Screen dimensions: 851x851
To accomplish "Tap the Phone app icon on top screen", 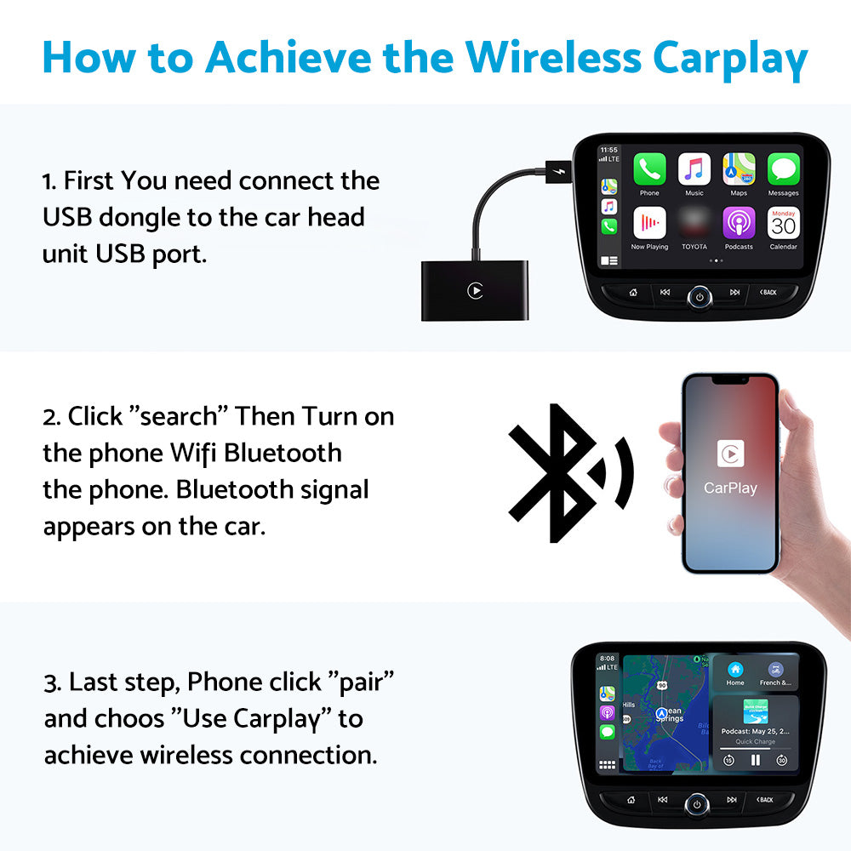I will click(649, 169).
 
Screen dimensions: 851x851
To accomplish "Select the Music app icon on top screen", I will click(694, 169).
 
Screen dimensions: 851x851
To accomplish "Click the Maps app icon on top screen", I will click(739, 169).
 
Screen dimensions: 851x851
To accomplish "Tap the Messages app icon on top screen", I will click(783, 169).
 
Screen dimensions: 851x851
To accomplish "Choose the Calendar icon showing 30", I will click(783, 223).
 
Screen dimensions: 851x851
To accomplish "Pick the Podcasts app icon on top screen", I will click(739, 223).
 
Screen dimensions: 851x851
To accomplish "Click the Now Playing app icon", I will click(649, 223).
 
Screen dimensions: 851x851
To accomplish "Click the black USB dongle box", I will click(475, 291).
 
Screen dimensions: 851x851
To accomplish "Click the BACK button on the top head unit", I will click(767, 293).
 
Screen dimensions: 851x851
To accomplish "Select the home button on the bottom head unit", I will click(631, 800).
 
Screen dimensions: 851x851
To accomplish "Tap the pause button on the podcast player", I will click(755, 760).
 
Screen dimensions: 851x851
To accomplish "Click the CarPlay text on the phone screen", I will click(730, 488).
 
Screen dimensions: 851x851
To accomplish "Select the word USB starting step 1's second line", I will click(67, 217).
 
